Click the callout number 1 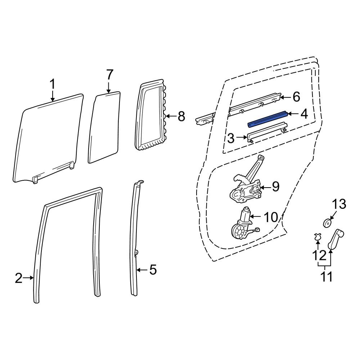point(53,85)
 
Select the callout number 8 point(181,116)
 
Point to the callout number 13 point(338,204)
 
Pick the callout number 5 point(153,269)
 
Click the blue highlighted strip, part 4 point(268,118)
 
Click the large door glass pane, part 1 point(47,140)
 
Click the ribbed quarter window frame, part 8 point(151,117)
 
